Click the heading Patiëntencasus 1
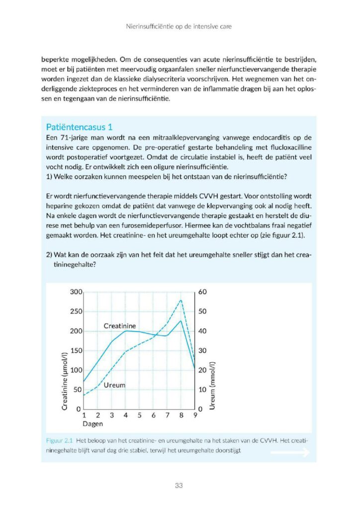tap(79, 127)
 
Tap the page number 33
tap(180, 486)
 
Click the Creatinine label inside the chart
tap(120, 326)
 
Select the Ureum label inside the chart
tap(114, 385)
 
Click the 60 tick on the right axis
tap(202, 292)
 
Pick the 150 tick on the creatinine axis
tap(75, 350)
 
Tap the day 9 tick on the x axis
tap(195, 416)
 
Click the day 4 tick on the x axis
tap(126, 416)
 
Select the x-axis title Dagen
tap(92, 424)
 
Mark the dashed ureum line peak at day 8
tap(181, 300)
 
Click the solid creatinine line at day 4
tap(126, 331)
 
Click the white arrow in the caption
tap(289, 452)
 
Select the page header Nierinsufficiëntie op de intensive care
tap(180, 25)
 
